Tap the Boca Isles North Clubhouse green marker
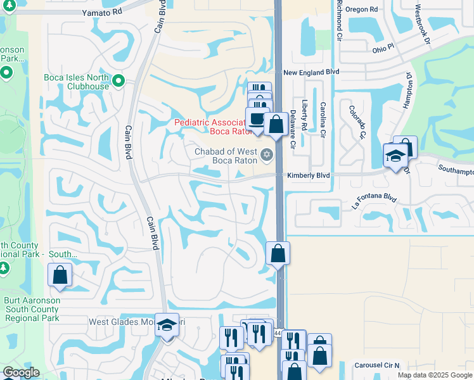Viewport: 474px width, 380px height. coord(118,80)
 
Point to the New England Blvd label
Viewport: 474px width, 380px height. coord(308,73)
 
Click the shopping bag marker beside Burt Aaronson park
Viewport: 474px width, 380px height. coord(60,275)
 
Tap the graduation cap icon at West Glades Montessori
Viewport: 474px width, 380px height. coord(167,325)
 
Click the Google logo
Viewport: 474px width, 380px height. coord(22,372)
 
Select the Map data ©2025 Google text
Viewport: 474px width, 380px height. coord(434,375)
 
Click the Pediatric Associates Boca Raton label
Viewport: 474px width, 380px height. coord(209,127)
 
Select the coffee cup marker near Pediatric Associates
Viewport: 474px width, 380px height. coord(257,119)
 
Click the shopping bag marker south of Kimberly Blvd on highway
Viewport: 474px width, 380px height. coord(278,254)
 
